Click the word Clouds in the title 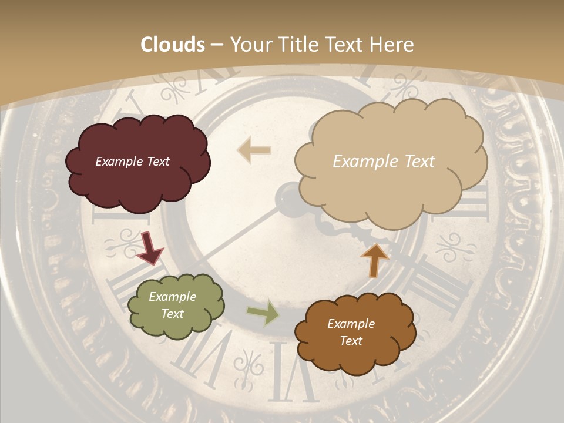coord(173,45)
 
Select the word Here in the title coord(394,45)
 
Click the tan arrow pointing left coord(254,150)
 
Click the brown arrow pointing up coord(374,260)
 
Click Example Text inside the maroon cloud coord(132,162)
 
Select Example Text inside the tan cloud coord(384,162)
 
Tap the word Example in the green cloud coord(173,297)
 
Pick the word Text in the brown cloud coord(351,341)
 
